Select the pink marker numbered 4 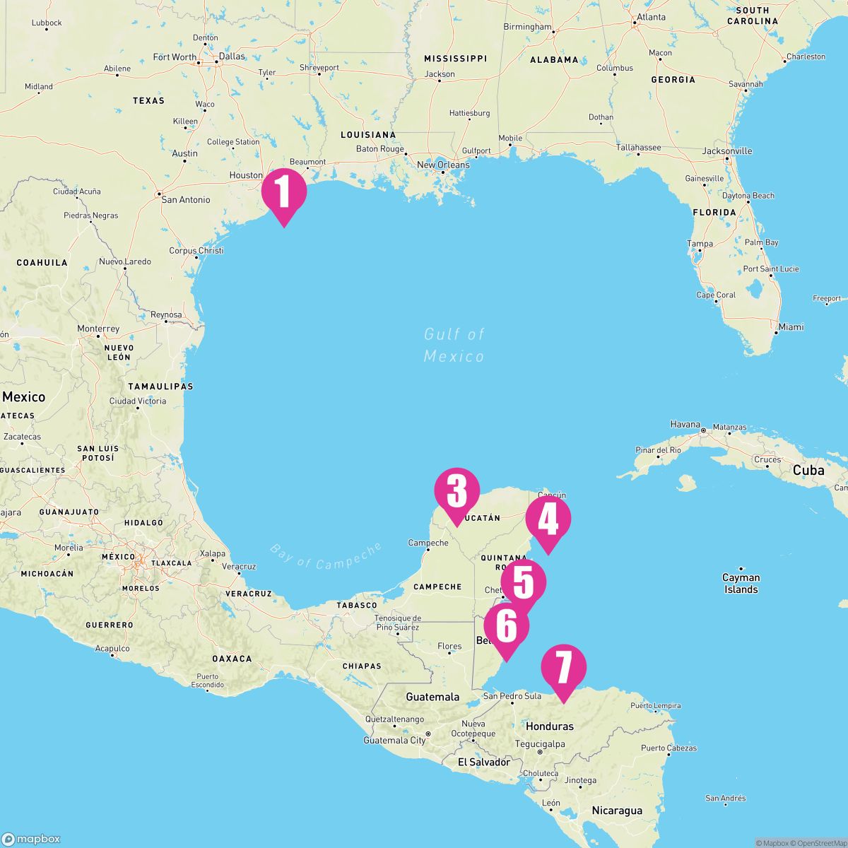[x=548, y=520]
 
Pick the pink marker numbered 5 [x=524, y=582]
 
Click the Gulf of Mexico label [x=454, y=345]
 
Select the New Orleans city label [x=443, y=165]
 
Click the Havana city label [x=685, y=425]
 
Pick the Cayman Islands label [x=741, y=583]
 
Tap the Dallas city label [x=232, y=56]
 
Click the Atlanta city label [x=651, y=17]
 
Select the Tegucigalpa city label [x=540, y=744]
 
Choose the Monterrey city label [x=98, y=329]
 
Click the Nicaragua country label [x=617, y=811]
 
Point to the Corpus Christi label [x=196, y=251]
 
